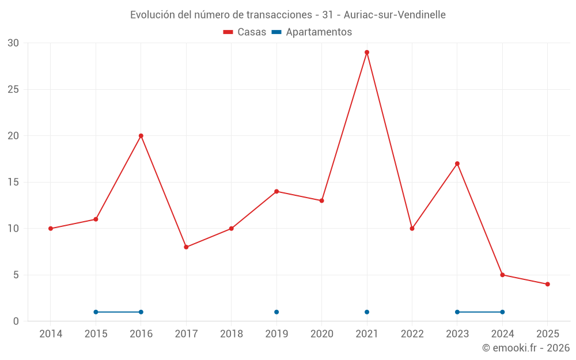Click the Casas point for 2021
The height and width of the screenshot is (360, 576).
tap(367, 52)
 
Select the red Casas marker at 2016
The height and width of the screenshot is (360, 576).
tap(141, 136)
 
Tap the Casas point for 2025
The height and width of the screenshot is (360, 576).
tap(548, 284)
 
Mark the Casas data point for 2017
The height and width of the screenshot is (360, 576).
tap(186, 247)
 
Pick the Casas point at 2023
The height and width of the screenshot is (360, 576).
tap(457, 164)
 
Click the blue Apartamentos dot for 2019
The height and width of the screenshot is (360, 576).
tap(276, 312)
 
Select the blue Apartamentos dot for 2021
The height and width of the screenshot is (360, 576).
tap(367, 312)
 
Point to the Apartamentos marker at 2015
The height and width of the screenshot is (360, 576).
tap(96, 312)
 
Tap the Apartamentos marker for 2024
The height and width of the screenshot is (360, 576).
tap(502, 312)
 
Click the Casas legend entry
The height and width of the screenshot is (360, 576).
tap(245, 32)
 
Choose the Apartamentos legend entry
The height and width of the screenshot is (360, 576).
tap(312, 32)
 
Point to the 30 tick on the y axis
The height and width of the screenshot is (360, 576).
tap(13, 43)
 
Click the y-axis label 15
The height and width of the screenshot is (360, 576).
tap(13, 182)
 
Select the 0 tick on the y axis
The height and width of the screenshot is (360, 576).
tap(16, 321)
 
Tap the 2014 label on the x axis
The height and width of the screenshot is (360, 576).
tap(51, 334)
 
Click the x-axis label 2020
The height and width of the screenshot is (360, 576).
tap(322, 334)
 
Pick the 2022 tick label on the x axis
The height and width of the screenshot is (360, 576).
tap(412, 334)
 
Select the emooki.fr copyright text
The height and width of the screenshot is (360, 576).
tap(526, 348)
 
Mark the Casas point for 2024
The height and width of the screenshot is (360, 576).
tap(502, 275)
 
